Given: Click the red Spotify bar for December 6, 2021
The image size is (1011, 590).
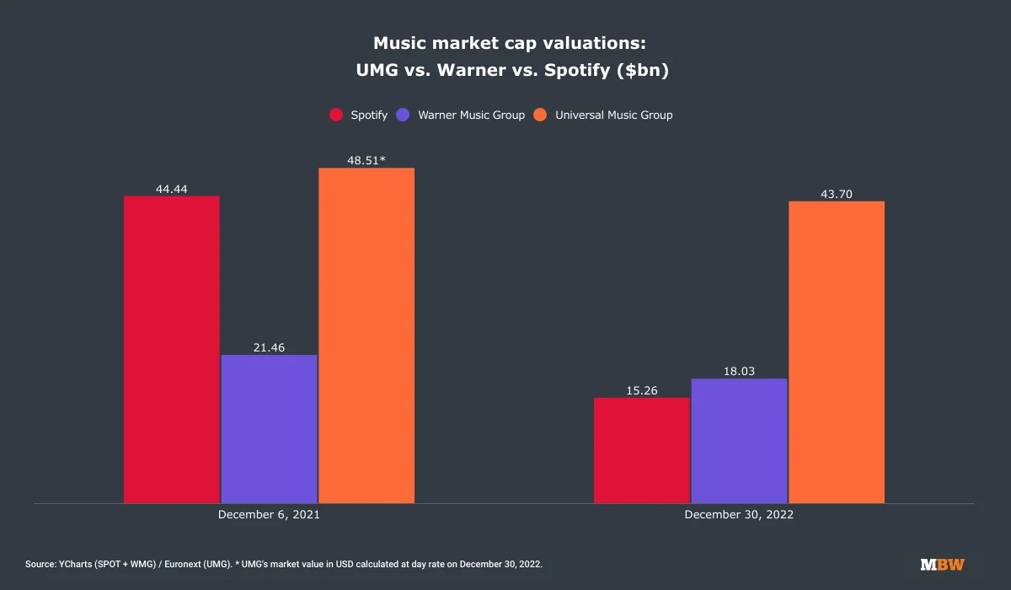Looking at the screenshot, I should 172,350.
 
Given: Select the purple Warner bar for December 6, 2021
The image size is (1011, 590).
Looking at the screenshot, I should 269,429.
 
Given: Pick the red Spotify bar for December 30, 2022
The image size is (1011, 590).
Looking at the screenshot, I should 641,450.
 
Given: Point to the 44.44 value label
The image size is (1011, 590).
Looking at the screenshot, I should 172,189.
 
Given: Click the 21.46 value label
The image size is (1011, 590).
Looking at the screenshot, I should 269,347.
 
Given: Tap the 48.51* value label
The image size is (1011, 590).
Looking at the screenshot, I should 366,160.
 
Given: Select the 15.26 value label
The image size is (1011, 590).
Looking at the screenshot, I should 641,390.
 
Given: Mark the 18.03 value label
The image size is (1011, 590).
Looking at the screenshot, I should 739,371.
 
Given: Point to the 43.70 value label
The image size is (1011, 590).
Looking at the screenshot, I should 837,194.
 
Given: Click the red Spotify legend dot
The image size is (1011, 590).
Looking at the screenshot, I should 336,115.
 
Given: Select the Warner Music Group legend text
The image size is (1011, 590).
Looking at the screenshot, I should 471,115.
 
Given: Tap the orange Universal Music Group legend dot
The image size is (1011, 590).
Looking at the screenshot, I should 541,115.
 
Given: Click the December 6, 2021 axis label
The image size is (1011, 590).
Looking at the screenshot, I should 269,513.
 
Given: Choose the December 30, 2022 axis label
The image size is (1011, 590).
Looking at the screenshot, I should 739,513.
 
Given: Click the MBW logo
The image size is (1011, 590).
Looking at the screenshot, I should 942,563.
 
